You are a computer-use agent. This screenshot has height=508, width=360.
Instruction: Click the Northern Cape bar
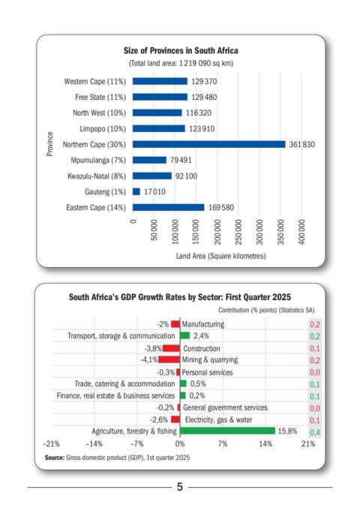click(x=208, y=144)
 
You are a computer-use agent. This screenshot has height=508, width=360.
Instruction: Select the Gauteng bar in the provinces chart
click(x=136, y=191)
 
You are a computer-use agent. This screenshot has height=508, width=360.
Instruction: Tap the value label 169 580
click(x=221, y=207)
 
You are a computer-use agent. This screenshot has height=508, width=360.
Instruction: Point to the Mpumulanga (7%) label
click(x=98, y=160)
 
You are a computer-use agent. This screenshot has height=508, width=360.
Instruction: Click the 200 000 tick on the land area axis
click(x=217, y=232)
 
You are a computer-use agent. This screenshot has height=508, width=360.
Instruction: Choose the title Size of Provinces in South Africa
click(x=181, y=50)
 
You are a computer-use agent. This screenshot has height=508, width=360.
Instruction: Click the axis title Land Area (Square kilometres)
click(x=220, y=256)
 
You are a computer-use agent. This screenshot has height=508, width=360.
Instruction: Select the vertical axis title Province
click(x=49, y=144)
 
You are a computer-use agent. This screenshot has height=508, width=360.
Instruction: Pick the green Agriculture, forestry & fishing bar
click(x=227, y=431)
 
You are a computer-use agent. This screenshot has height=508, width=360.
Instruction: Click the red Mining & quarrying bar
click(x=169, y=359)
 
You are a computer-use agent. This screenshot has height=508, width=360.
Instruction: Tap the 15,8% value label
click(x=287, y=431)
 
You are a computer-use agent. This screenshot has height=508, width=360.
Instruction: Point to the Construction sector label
click(x=201, y=348)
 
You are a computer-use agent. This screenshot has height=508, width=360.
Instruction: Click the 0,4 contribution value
click(x=315, y=432)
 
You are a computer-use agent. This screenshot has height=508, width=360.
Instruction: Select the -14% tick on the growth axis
click(x=94, y=443)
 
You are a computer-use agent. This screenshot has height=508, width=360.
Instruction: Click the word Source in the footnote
click(x=55, y=458)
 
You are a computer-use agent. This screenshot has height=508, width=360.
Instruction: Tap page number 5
click(x=180, y=487)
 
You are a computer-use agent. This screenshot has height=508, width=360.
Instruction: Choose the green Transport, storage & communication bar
click(x=184, y=335)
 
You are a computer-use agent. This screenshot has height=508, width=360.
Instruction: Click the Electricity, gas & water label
click(x=218, y=420)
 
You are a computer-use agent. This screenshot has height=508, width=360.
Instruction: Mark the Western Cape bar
click(x=160, y=81)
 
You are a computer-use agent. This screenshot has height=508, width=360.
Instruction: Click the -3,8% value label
click(x=153, y=349)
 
